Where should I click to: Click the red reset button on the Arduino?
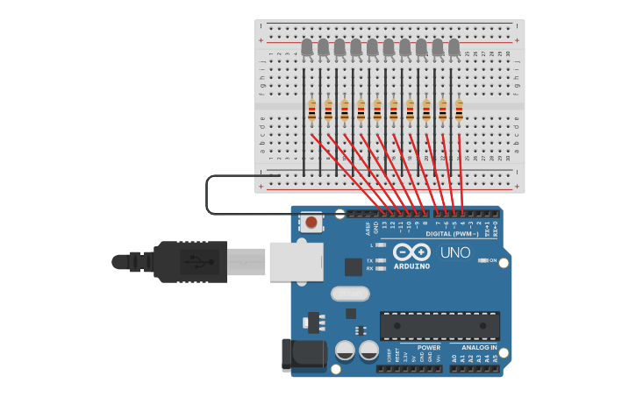[311, 223]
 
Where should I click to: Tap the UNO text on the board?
[454, 252]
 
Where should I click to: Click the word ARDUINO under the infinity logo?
[411, 266]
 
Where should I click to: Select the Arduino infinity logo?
[411, 252]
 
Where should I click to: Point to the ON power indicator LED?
[482, 260]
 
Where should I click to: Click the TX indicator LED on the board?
[380, 261]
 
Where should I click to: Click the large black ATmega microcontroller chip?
[439, 326]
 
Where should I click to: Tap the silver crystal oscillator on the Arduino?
[350, 294]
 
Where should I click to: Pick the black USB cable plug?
[189, 261]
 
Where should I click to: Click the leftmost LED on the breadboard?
[307, 47]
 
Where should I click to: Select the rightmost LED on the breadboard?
[454, 47]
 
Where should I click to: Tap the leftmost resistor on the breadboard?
[312, 110]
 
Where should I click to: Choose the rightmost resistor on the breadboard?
[459, 110]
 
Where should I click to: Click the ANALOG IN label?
[479, 347]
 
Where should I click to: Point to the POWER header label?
[429, 347]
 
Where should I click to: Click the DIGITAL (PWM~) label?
[452, 234]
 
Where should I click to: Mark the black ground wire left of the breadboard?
[207, 195]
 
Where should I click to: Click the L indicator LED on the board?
[380, 245]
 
